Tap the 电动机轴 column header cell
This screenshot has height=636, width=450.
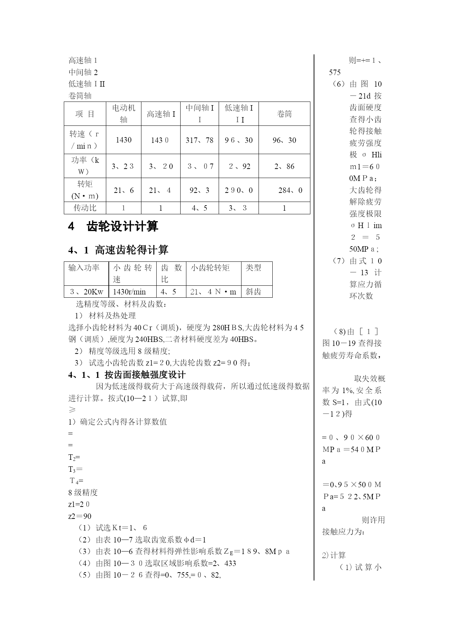pos(124,113)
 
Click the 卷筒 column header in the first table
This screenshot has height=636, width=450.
pos(284,114)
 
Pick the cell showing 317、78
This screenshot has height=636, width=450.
pos(199,140)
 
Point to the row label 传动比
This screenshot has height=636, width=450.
pos(85,208)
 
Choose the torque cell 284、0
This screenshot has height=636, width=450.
pos(290,190)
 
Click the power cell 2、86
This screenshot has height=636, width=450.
pos(284,166)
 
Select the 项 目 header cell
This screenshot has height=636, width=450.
pos(85,114)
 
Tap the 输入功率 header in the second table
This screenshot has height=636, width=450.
pos(84,268)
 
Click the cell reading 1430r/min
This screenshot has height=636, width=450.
pos(129,292)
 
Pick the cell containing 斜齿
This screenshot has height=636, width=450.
pos(253,292)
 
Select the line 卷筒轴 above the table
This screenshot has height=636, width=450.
pos(80,96)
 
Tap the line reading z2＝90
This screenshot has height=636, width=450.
pos(80,516)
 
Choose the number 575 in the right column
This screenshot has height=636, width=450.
pos(335,73)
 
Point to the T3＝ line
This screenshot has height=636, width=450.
pos(75,469)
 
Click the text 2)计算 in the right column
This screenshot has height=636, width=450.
pos(334,555)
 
